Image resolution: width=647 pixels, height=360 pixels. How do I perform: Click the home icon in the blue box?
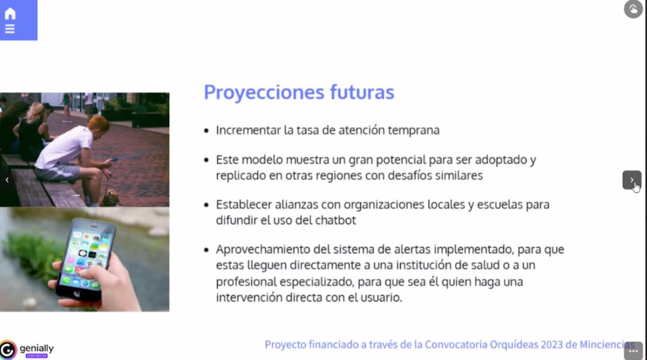(10, 14)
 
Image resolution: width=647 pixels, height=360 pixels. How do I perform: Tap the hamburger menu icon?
(10, 28)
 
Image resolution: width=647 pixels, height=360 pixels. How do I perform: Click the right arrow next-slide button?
(632, 180)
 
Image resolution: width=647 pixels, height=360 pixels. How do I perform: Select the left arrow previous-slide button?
(7, 180)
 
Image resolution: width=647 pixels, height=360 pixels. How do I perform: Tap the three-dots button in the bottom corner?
(633, 351)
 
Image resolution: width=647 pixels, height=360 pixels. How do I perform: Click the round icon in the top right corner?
(633, 9)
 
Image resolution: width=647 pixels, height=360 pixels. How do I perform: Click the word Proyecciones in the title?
(264, 92)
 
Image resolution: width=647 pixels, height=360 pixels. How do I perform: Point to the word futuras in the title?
(362, 91)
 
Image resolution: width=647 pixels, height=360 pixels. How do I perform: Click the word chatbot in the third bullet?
(335, 220)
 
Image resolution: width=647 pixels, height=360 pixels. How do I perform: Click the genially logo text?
(37, 349)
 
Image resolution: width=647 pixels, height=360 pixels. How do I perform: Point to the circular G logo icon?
(8, 350)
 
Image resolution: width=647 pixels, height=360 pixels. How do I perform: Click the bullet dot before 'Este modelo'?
(206, 160)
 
